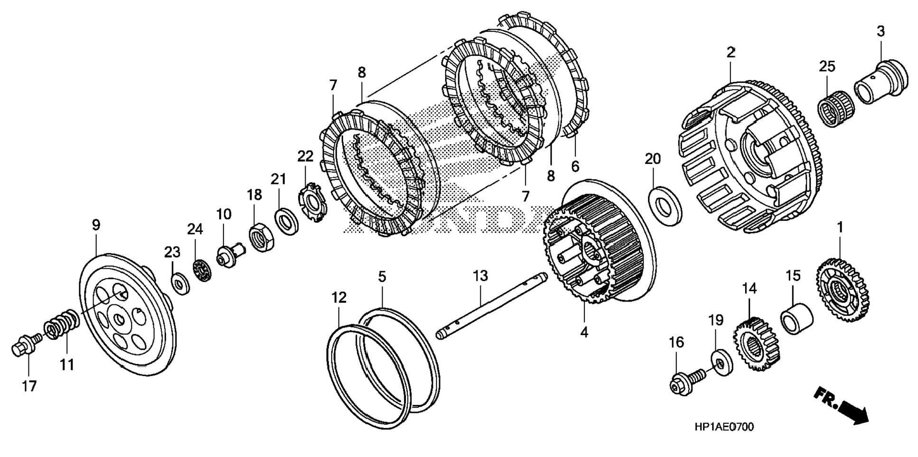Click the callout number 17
tap(29, 386)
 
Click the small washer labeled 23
tap(180, 283)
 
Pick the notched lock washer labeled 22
tap(312, 202)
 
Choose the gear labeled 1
tap(844, 291)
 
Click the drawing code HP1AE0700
tap(724, 427)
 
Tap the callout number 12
tap(339, 298)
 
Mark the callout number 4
tap(584, 332)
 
